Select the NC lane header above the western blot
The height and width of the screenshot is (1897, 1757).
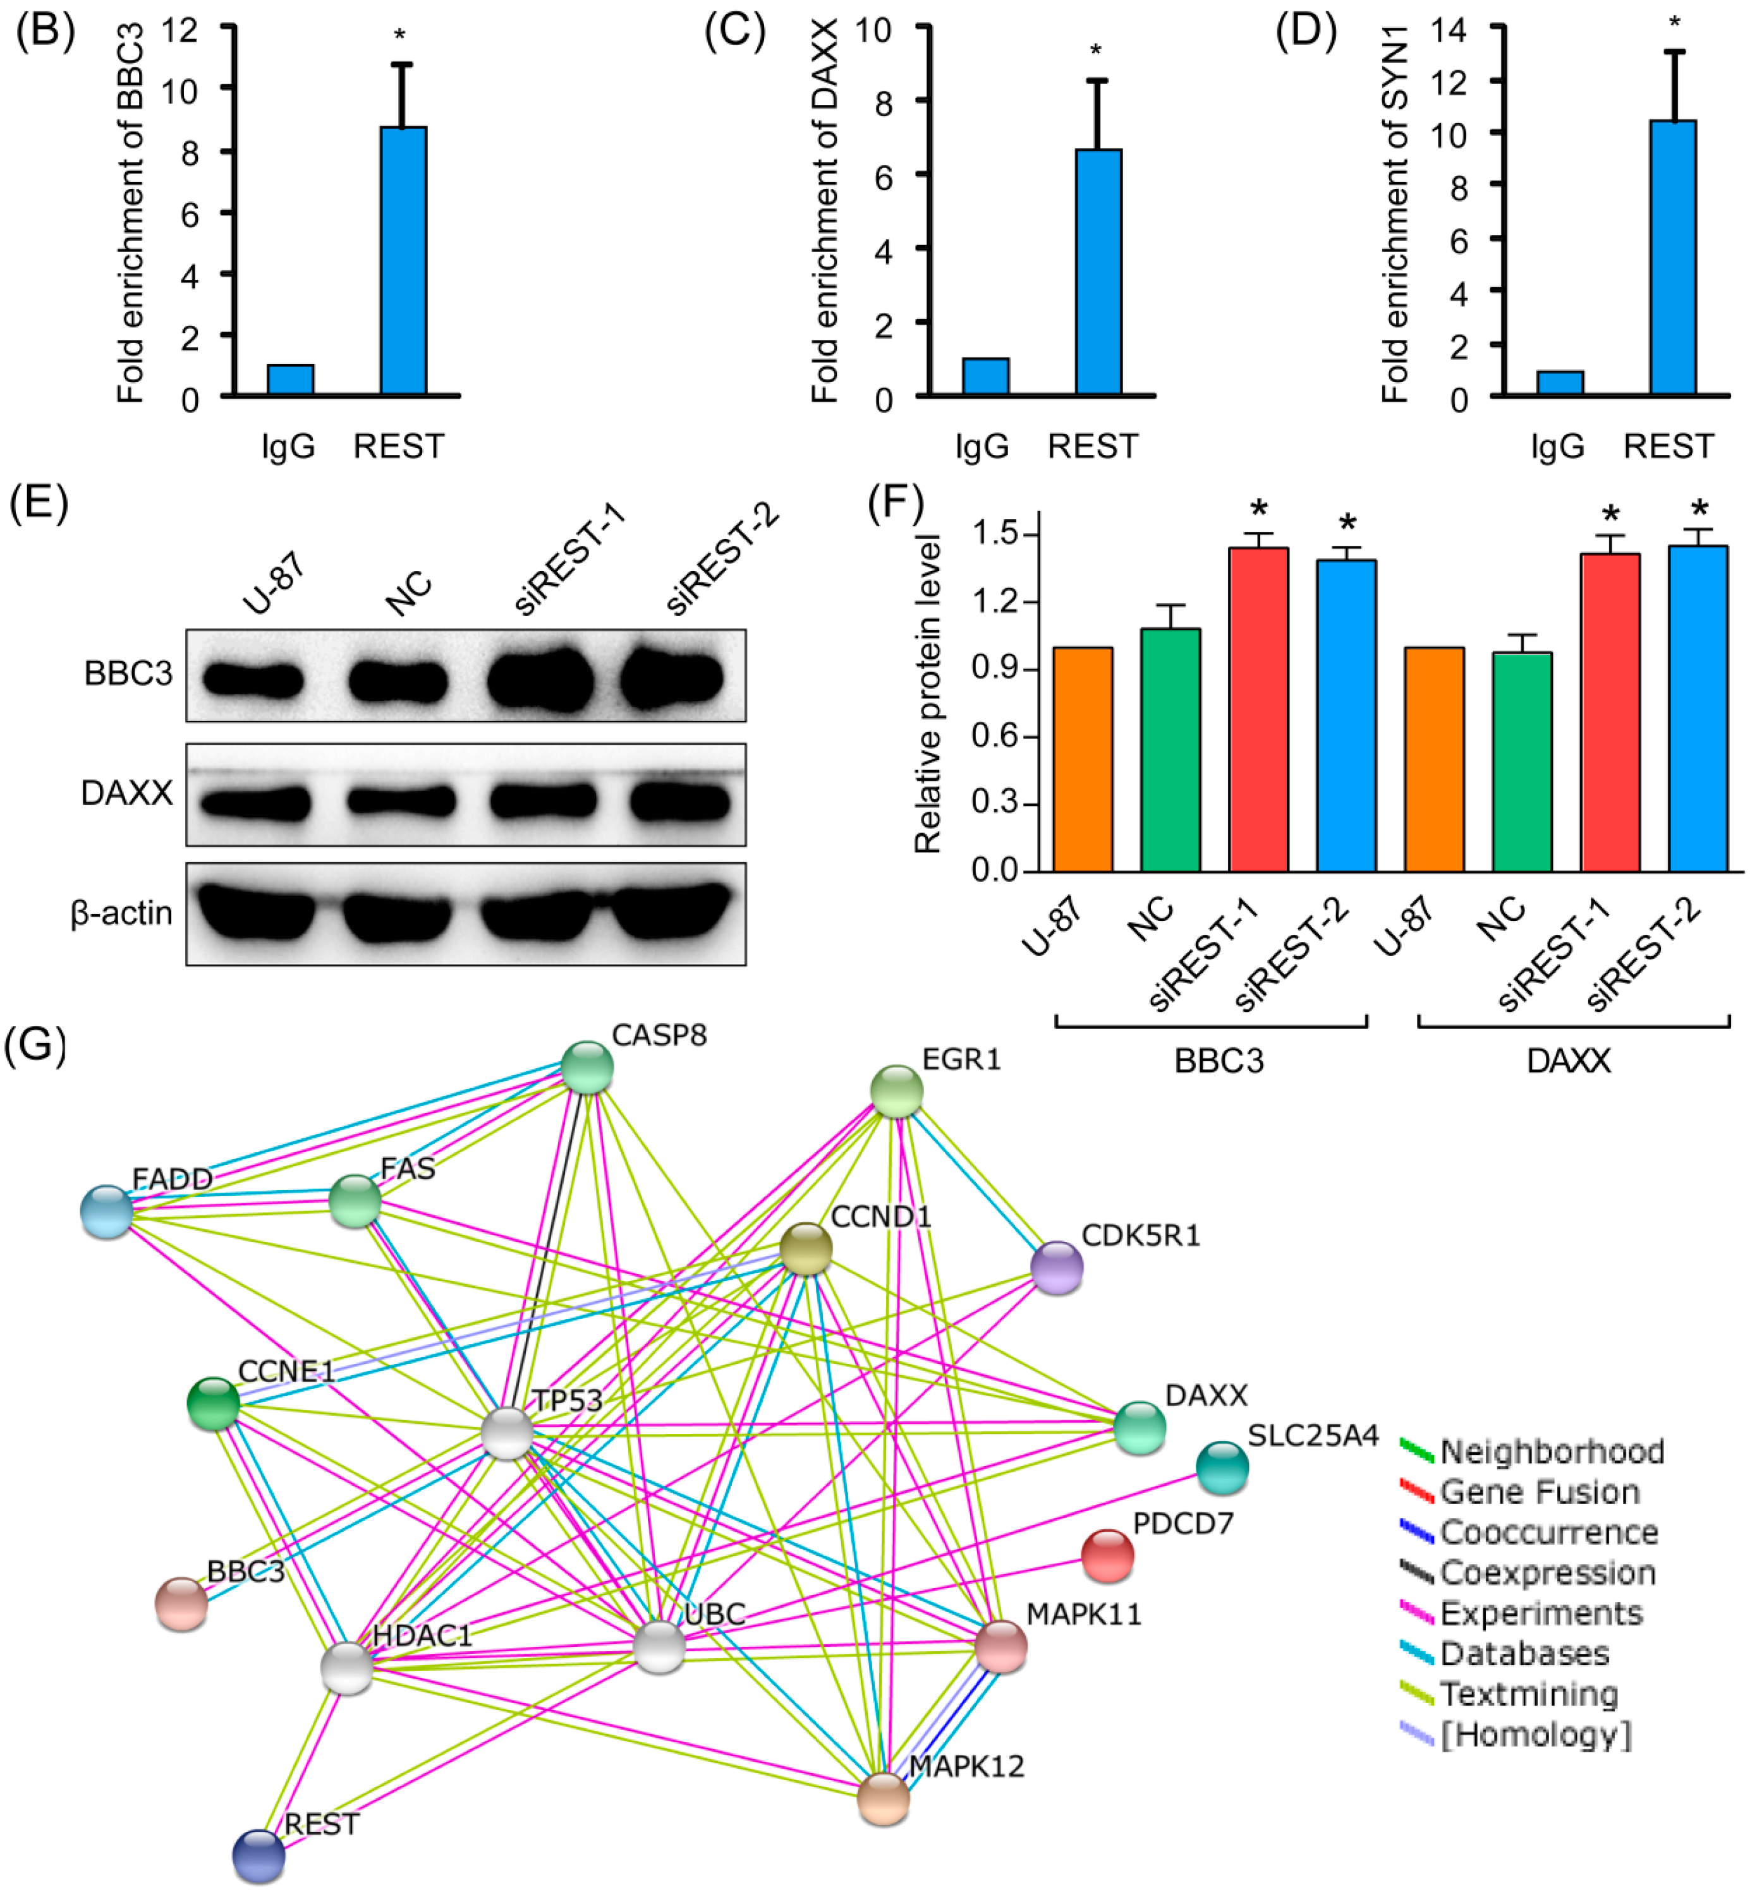409,594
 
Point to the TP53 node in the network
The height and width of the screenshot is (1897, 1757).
507,1433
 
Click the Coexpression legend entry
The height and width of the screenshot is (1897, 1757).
1547,1573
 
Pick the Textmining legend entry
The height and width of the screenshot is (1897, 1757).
1528,1694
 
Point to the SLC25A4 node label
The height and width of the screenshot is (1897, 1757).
1312,1436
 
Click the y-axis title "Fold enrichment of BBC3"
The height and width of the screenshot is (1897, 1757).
130,214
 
